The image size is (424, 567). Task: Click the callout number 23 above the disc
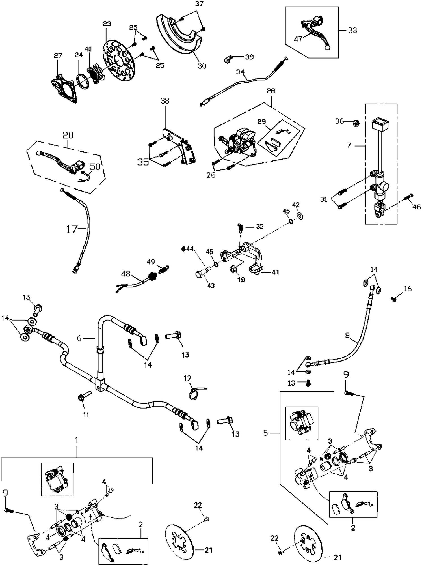[107, 24]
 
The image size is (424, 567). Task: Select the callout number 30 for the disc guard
[202, 66]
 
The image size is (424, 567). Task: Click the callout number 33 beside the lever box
[352, 30]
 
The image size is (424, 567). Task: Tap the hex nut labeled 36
[356, 123]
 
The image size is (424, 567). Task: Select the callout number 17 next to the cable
[72, 229]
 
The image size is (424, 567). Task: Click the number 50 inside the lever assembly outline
[95, 167]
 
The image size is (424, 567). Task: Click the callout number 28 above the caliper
[271, 91]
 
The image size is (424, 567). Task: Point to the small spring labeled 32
[240, 227]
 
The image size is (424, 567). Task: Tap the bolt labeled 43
[200, 274]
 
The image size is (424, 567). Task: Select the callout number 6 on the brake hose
[79, 338]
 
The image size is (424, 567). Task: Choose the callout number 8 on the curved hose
[347, 336]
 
